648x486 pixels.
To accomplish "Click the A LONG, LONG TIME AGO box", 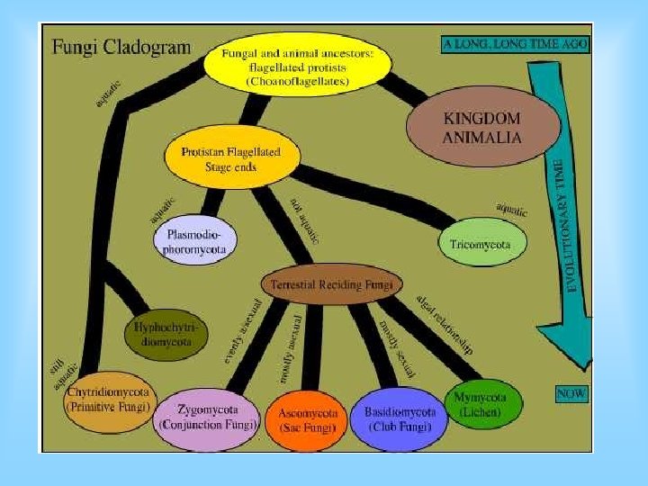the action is tap(516, 44).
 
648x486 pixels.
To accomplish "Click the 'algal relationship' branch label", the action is tap(444, 325).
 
